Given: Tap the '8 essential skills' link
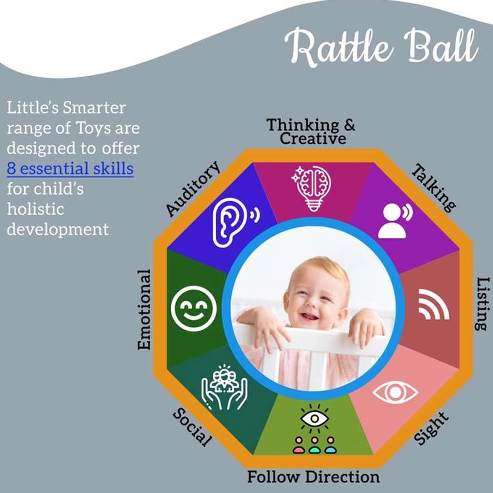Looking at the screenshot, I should click(70, 168).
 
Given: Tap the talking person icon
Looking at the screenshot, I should click(394, 220).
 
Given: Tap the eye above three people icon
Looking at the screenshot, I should click(314, 429).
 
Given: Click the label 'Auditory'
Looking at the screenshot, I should click(193, 189).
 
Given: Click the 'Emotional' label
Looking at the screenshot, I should click(144, 309).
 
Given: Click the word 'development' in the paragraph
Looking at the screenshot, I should click(58, 229).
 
